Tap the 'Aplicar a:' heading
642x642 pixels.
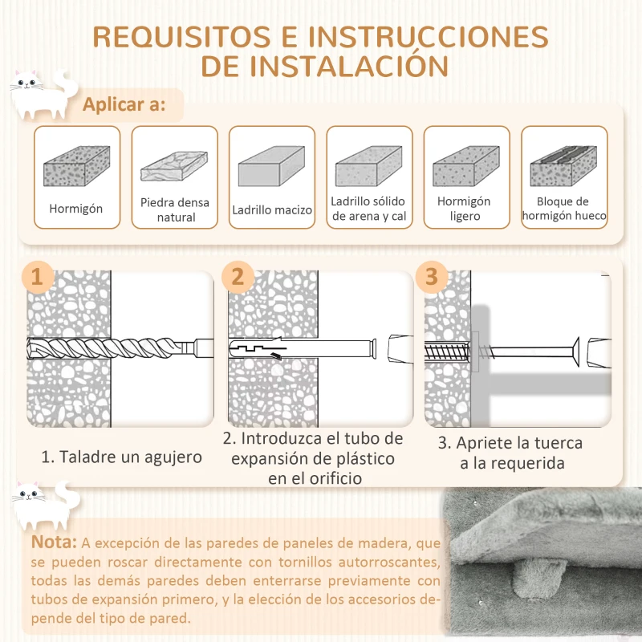(x=124, y=105)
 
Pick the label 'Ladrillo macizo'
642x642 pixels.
(x=272, y=210)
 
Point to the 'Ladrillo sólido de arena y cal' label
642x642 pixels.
(x=368, y=209)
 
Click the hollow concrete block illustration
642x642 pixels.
(x=563, y=166)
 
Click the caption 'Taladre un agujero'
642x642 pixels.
(x=122, y=457)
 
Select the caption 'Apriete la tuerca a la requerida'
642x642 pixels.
(x=510, y=453)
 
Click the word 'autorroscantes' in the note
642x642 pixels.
(x=384, y=561)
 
